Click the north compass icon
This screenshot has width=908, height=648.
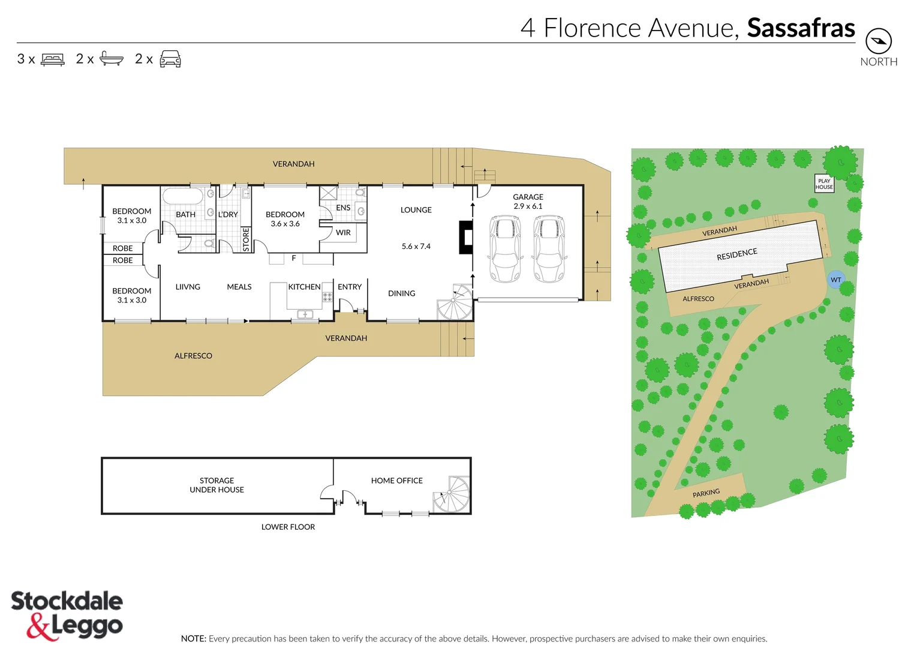878,41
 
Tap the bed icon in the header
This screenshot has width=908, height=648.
52,59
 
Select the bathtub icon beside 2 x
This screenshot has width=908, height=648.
111,59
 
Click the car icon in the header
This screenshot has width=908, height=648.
170,59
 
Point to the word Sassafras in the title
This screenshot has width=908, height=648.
801,28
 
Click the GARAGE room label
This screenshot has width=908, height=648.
528,197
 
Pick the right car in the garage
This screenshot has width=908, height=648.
549,248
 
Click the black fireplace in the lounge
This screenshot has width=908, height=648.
465,237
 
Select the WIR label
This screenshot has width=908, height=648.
343,233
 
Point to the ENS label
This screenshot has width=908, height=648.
343,208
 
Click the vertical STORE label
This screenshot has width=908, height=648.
246,239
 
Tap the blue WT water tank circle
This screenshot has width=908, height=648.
835,280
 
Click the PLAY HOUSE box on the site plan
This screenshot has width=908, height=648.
824,184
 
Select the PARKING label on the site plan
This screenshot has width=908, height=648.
706,493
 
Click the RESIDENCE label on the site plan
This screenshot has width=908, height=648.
736,254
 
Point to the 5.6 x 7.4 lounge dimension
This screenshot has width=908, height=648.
416,247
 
